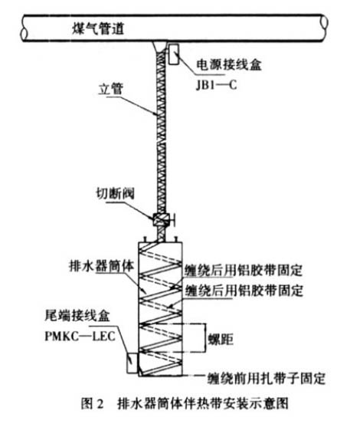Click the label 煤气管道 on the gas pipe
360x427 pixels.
click(x=98, y=28)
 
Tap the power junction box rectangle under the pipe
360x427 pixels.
click(x=173, y=54)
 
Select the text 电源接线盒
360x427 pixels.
click(x=229, y=65)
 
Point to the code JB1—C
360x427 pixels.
click(x=216, y=85)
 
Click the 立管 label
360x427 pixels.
click(x=111, y=88)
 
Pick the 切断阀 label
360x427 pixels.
click(x=115, y=194)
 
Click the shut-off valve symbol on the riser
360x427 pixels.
click(x=161, y=219)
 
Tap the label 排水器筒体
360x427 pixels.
click(x=102, y=265)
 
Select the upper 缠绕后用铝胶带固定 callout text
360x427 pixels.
click(x=244, y=270)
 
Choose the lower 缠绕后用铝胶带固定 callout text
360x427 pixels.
click(x=244, y=291)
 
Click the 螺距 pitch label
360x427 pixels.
click(x=221, y=340)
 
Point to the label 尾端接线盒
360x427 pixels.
click(x=77, y=316)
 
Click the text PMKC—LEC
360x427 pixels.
click(x=80, y=336)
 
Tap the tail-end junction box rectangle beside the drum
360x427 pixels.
click(x=133, y=363)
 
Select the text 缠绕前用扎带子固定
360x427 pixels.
click(x=267, y=378)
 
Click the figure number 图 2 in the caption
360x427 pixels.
click(x=93, y=403)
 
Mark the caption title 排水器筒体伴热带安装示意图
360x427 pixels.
click(x=202, y=403)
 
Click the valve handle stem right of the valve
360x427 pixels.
click(x=172, y=219)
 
